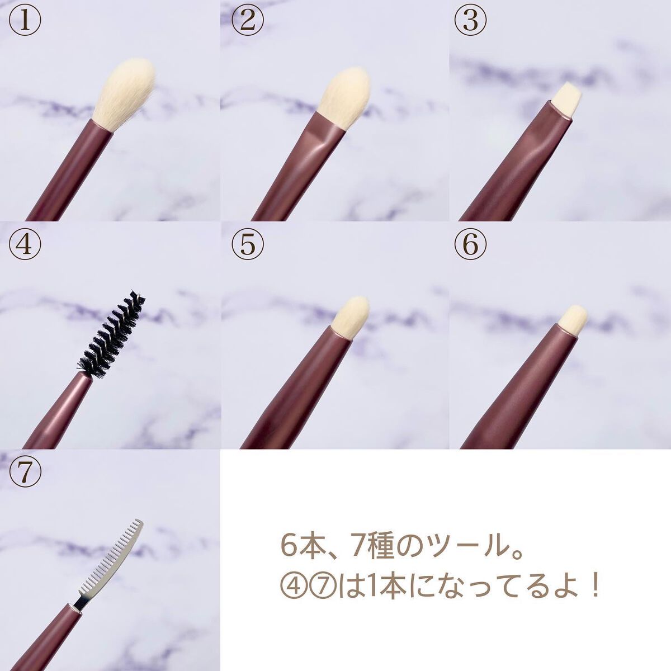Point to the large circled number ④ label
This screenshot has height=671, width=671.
(x=25, y=244)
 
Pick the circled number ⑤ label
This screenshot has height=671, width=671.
(x=247, y=244)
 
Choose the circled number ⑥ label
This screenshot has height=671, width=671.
(x=470, y=244)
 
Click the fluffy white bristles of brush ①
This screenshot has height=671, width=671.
(x=125, y=93)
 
